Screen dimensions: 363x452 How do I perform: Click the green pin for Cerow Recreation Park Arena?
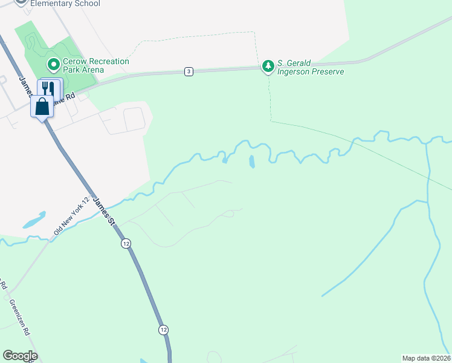coord(53,64)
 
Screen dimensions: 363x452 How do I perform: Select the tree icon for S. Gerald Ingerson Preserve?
coord(268,66)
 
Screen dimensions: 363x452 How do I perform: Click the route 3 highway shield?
coord(189,71)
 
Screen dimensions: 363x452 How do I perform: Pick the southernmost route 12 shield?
coord(164,330)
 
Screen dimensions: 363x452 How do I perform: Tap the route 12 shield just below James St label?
coord(125,243)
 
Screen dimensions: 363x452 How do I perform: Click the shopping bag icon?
coord(42,106)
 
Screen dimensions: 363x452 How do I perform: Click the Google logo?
coord(20,356)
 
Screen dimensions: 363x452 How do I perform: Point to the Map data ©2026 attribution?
coord(427,358)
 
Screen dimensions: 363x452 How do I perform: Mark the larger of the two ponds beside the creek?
coord(251,162)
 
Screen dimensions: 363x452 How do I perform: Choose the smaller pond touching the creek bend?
coord(225,160)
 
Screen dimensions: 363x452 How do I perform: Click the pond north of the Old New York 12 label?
coord(34,220)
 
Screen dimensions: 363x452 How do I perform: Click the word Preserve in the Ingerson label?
coord(327,71)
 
